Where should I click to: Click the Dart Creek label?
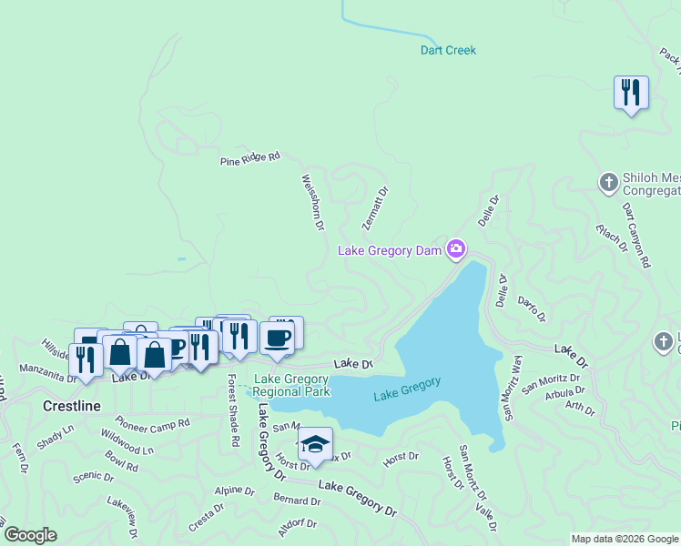coord(448,50)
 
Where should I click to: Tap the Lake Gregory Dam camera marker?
coord(456,249)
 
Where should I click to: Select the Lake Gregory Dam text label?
coord(390,250)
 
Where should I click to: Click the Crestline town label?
coord(72,406)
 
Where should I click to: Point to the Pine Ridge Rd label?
coord(249,159)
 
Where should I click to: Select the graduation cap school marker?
coord(315,444)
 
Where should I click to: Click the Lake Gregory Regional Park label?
coord(291,385)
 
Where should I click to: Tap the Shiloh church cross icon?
coord(609,183)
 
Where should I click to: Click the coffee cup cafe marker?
coord(279,338)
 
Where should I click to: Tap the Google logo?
coord(30,535)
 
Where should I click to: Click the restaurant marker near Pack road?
coord(631,92)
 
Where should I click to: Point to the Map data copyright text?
coord(624,539)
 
